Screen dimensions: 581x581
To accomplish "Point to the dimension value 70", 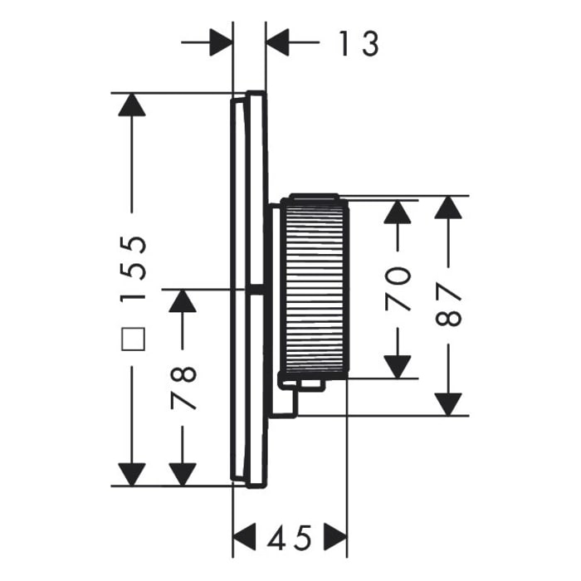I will coord(399,288).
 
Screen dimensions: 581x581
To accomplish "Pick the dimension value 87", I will coord(448,305).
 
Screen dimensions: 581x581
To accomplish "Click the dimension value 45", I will coord(290,539).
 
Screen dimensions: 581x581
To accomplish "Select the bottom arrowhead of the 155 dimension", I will coord(132,474).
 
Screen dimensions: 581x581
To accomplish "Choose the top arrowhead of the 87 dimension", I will coord(448,208).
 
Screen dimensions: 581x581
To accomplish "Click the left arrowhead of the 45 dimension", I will coord(245,539).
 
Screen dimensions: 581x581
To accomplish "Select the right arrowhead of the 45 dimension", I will coord(335,539).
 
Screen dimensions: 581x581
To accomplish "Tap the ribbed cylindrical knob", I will coord(314,286).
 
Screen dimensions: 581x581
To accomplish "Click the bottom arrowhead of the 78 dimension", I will coord(183,474).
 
